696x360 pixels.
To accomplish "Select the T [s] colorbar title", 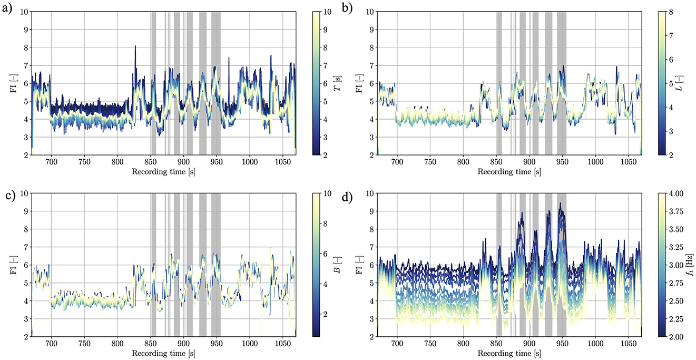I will click(337, 83).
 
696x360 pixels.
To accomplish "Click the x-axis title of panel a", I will click(164, 172).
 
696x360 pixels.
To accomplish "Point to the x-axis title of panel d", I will click(509, 354).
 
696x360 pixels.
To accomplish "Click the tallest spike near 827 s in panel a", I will click(135, 46).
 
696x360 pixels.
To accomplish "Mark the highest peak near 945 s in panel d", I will click(560, 203).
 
